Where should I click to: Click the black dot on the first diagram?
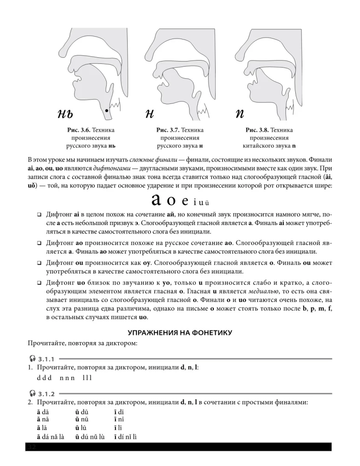pyautogui.click(x=107, y=110)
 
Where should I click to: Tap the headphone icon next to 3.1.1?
pyautogui.click(x=32, y=359)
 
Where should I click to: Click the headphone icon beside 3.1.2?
pyautogui.click(x=32, y=393)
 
